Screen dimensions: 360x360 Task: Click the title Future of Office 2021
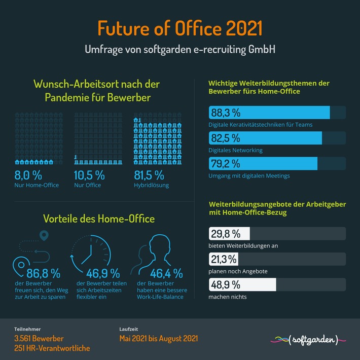pos(180,28)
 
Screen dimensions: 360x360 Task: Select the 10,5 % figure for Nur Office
pos(89,175)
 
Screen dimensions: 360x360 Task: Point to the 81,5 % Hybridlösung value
pos(149,175)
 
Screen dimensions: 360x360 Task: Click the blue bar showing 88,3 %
pos(269,113)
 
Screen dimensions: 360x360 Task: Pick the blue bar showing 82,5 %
pos(265,138)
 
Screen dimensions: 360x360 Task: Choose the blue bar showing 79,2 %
pos(263,164)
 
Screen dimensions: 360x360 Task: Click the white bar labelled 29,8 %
pos(229,234)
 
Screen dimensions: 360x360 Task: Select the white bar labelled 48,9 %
pos(242,284)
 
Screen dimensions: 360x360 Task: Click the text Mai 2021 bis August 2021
pos(159,338)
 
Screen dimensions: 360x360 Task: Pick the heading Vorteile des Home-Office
pos(99,219)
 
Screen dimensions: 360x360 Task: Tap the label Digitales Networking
pos(235,150)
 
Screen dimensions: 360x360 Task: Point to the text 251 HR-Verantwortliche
pos(52,348)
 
